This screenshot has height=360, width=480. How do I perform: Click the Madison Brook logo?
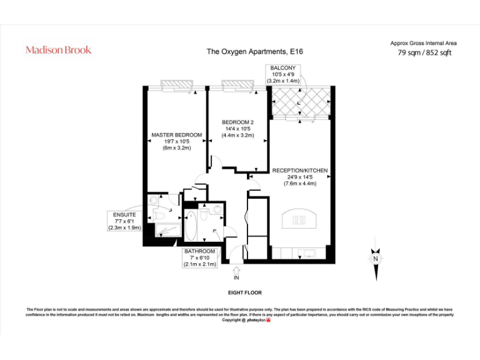tap(58, 50)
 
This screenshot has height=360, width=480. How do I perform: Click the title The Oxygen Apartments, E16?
tap(254, 52)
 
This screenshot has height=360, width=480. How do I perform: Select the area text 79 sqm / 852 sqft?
tap(424, 53)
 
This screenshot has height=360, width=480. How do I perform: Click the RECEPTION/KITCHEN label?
tap(300, 176)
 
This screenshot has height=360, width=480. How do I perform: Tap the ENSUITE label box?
tap(124, 221)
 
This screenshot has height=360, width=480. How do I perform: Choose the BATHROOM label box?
tap(200, 257)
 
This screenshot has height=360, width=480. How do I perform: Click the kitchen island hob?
tap(299, 220)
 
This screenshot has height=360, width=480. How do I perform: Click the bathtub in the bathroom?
tap(192, 225)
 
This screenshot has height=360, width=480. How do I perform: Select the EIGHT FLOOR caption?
tap(244, 292)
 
